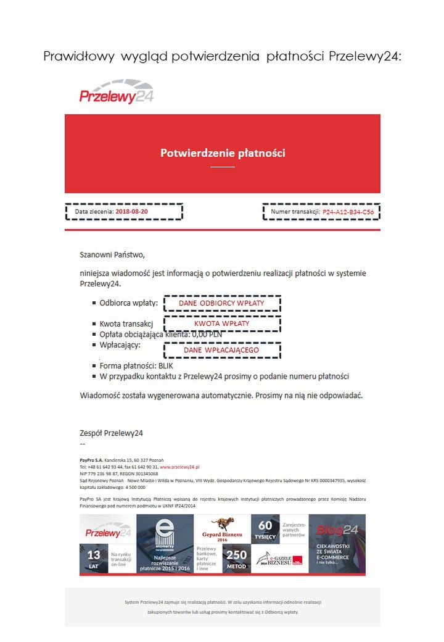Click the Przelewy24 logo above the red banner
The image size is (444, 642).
pyautogui.click(x=116, y=93)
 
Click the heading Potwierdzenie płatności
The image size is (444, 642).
pyautogui.click(x=223, y=152)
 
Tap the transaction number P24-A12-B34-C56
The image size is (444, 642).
pyautogui.click(x=348, y=212)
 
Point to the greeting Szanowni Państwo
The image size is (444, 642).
pyautogui.click(x=112, y=254)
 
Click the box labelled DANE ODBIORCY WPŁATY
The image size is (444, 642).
pyautogui.click(x=221, y=304)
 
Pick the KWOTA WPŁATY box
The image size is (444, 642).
pyautogui.click(x=221, y=323)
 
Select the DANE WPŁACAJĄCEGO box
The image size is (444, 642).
pyautogui.click(x=221, y=350)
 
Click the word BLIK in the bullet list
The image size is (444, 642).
pyautogui.click(x=166, y=365)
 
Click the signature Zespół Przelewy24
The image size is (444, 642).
pyautogui.click(x=111, y=433)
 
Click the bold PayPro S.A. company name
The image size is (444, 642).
pyautogui.click(x=91, y=461)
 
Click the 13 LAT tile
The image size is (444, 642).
pyautogui.click(x=94, y=559)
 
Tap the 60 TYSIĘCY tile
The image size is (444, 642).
pyautogui.click(x=265, y=530)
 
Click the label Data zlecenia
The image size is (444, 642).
pyautogui.click(x=94, y=212)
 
